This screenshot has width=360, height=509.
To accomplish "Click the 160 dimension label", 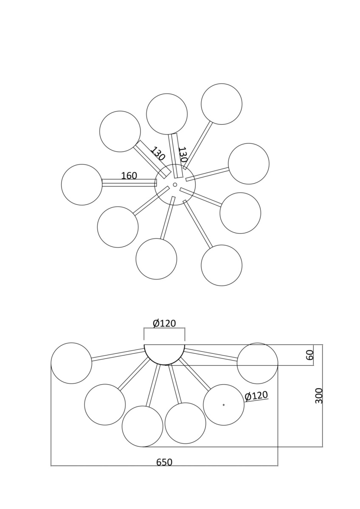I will [129, 176].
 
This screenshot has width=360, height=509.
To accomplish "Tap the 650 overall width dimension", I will [164, 462].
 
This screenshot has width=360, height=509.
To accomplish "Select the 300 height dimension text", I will [319, 395].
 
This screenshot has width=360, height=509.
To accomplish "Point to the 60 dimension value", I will [310, 355].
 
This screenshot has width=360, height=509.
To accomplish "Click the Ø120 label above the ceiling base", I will [164, 324].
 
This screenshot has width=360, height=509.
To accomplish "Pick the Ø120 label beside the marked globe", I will [256, 396].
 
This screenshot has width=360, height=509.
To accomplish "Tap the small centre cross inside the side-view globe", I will [224, 405].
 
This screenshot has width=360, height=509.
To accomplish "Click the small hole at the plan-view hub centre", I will [175, 185].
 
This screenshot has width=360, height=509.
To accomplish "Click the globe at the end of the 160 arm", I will [82, 185].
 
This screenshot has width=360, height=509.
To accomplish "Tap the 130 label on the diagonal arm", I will [157, 154].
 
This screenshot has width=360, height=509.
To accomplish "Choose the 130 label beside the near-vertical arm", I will [183, 155].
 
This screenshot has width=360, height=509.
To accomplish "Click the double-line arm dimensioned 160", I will [129, 183].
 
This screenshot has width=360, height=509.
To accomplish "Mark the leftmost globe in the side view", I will [71, 363].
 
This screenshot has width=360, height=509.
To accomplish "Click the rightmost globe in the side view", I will [257, 363].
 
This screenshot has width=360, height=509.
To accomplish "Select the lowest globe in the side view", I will [142, 426].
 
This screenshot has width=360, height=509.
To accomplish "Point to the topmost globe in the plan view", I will [222, 104].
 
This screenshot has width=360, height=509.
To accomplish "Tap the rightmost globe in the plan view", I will [249, 164].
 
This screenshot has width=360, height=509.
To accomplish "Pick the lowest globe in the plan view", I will [222, 265].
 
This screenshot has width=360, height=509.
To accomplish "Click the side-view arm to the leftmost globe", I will [118, 355].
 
